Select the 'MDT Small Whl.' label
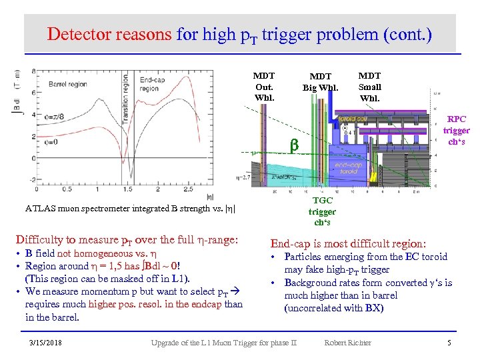[x=370, y=87]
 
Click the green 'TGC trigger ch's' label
[x=322, y=211]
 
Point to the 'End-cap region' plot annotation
[x=150, y=84]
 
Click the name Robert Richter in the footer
[x=347, y=343]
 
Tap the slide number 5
[x=449, y=343]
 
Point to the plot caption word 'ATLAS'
[x=41, y=209]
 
